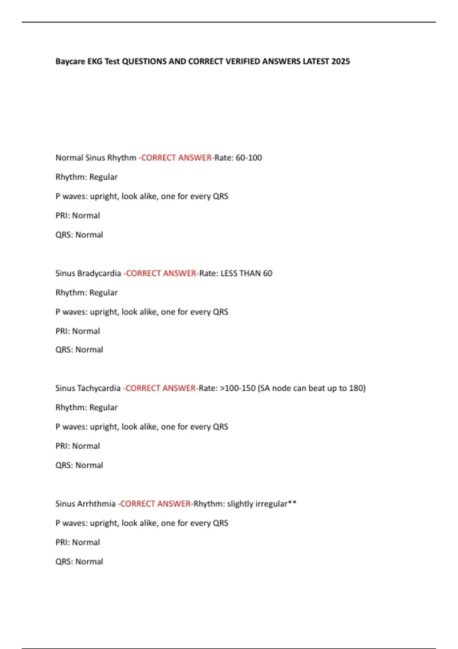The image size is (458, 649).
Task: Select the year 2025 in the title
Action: (x=340, y=61)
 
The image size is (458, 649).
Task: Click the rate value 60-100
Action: (x=249, y=158)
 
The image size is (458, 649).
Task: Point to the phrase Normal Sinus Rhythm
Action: (x=96, y=158)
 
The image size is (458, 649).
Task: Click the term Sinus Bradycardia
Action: (x=88, y=273)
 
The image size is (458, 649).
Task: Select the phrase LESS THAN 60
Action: (x=247, y=273)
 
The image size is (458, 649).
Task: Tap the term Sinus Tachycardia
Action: (x=88, y=388)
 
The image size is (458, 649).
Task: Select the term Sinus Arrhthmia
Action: (x=85, y=504)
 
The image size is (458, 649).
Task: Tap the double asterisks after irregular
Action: (x=292, y=503)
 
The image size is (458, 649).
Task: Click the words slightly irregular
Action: (x=257, y=504)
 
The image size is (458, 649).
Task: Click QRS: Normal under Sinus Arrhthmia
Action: (x=79, y=562)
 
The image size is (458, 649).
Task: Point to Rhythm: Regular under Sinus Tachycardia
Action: (x=86, y=407)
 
